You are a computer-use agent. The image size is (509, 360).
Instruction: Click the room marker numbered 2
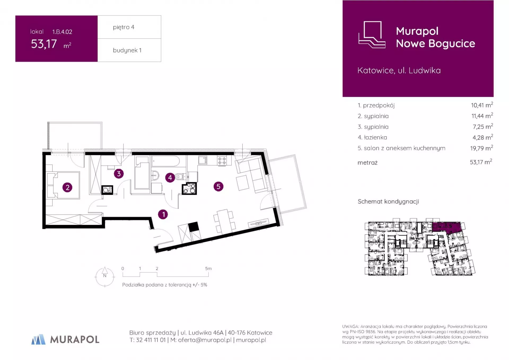click(67, 188)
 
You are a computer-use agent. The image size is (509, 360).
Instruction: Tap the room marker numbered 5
click(218, 186)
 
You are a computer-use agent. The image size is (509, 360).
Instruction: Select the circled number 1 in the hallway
click(163, 214)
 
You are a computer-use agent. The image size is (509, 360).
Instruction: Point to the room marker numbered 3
click(119, 174)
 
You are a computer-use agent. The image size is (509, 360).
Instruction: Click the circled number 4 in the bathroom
click(170, 177)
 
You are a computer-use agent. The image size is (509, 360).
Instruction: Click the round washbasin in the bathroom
click(155, 175)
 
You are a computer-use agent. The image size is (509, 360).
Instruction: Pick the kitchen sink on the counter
click(203, 160)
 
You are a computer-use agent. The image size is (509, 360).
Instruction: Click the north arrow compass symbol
click(105, 277)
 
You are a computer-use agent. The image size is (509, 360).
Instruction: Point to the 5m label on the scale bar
click(208, 268)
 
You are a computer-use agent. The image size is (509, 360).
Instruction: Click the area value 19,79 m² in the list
click(481, 148)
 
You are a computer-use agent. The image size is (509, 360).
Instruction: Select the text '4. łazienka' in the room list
click(372, 137)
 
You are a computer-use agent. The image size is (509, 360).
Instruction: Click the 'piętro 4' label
click(124, 27)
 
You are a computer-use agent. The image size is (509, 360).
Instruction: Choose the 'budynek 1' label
click(127, 50)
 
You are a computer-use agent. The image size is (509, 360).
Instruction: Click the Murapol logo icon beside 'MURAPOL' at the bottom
click(38, 339)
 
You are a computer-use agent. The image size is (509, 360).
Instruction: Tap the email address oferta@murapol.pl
click(205, 340)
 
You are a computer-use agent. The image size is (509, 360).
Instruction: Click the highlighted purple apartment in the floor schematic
click(446, 227)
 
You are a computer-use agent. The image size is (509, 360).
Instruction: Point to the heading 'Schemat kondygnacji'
click(388, 202)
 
